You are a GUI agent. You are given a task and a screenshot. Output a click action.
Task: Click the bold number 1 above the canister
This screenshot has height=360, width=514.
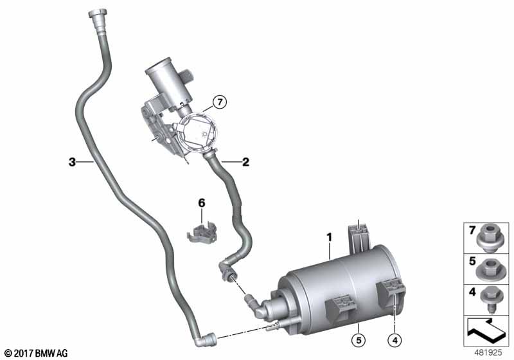(329, 238)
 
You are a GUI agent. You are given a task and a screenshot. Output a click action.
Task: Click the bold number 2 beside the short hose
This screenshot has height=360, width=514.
(245, 162)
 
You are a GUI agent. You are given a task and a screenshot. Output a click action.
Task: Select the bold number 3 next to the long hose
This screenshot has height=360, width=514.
(72, 162)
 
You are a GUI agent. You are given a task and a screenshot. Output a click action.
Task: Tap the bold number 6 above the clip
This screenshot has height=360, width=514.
(201, 203)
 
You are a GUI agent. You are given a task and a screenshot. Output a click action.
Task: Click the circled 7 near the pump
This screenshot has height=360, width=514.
(219, 102)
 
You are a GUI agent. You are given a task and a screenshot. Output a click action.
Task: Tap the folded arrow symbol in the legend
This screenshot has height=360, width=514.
(487, 334)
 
